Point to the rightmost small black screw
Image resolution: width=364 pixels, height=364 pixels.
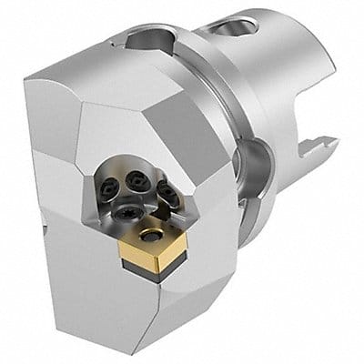(168, 190)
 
